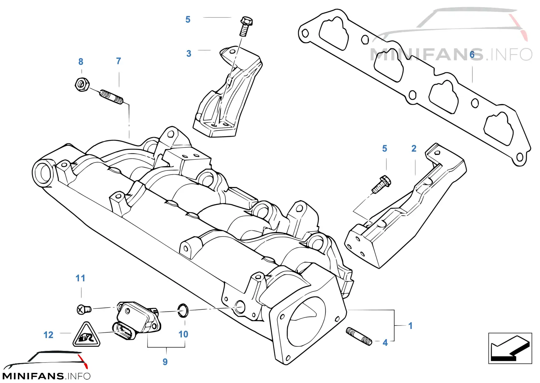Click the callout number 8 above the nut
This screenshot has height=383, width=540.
81,62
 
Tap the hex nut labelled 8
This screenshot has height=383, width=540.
82,84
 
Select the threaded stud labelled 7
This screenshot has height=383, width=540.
112,97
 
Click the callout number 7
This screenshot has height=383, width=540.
118,61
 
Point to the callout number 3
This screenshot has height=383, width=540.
189,54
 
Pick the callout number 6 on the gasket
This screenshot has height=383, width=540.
472,55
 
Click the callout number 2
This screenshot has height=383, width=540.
414,149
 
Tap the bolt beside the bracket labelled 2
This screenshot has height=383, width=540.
381,184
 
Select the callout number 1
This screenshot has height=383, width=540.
410,326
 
